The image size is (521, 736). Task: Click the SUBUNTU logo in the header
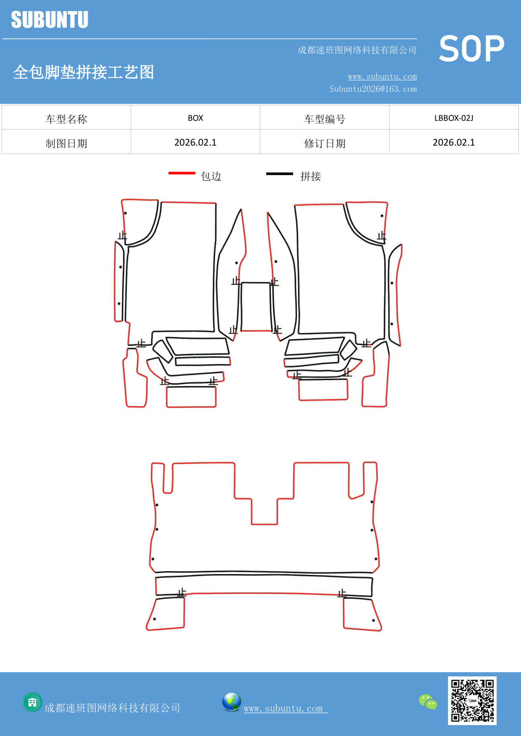point(50,20)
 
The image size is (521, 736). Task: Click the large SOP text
point(471,49)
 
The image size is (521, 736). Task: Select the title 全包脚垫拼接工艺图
point(84,72)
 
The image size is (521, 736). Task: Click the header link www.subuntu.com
point(382,76)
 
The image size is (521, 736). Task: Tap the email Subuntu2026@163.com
point(373,89)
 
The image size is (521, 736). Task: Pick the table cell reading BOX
point(195,118)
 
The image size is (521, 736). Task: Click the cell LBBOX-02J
point(453,118)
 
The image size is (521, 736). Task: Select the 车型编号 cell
point(325,119)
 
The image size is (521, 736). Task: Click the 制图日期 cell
point(66,144)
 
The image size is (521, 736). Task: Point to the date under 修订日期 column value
point(453,143)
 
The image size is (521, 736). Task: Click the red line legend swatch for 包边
point(182,173)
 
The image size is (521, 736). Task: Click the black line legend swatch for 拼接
point(279,173)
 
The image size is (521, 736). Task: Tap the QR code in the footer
point(472,700)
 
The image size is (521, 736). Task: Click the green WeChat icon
point(428,702)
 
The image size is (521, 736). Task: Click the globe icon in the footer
point(231,702)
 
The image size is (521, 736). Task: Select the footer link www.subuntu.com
point(284,708)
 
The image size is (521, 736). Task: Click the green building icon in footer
point(32,702)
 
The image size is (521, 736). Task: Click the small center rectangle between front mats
point(255,307)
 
